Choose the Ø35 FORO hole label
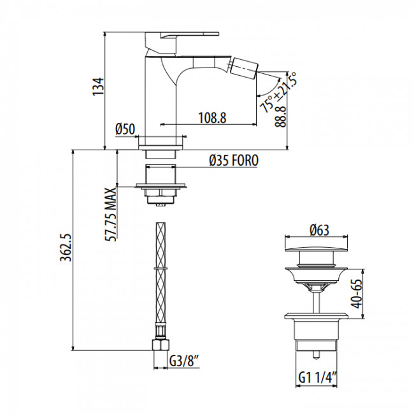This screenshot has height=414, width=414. coord(233,162)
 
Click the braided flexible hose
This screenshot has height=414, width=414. coord(159,280)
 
